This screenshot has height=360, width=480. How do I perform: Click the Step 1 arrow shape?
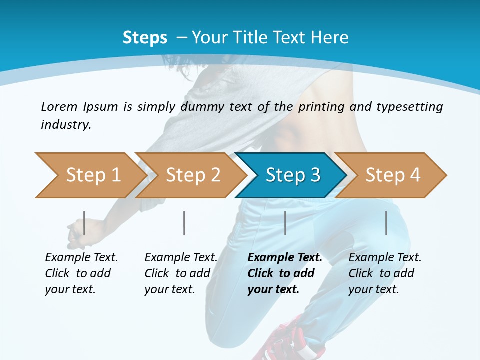(90, 175)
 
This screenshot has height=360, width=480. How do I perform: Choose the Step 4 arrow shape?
(391, 175)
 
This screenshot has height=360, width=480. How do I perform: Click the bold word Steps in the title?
(145, 38)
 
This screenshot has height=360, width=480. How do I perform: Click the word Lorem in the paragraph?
(59, 106)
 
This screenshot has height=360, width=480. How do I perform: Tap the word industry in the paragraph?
(66, 124)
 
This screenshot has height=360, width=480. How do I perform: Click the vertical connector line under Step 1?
(84, 223)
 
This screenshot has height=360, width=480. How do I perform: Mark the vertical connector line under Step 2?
(184, 223)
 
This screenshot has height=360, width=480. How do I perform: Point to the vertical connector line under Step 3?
(285, 223)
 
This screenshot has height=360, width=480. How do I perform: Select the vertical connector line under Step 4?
(386, 223)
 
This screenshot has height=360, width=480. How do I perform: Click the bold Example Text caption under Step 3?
(285, 273)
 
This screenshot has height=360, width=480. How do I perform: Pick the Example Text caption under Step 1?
(81, 273)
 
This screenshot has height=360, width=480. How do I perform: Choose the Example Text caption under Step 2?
(181, 273)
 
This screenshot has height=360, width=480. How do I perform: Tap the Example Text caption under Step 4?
(385, 273)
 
